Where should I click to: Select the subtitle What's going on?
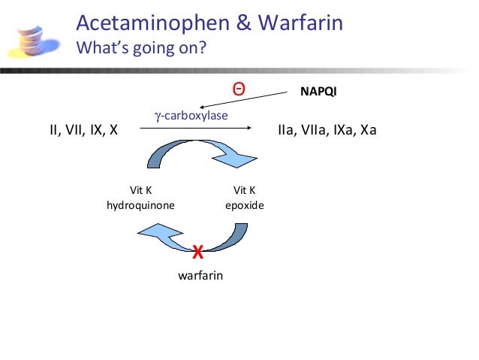[141, 50]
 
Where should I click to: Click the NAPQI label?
[318, 94]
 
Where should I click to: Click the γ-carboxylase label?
[191, 115]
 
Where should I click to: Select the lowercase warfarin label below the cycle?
[200, 276]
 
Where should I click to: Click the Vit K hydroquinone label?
[142, 197]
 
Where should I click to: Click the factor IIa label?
[286, 130]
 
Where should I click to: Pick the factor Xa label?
[368, 130]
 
